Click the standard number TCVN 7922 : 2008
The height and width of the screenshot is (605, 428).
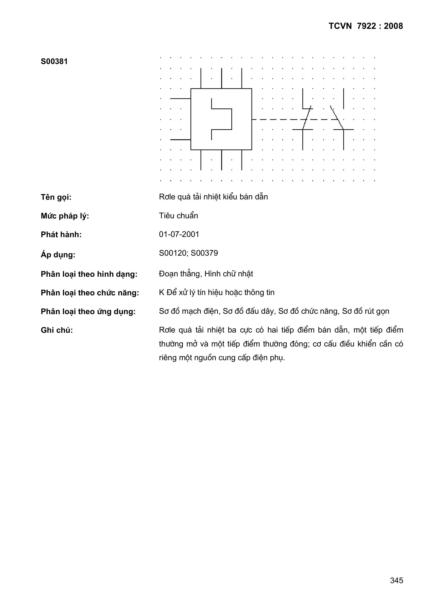366,26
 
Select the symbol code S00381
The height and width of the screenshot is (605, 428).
54,62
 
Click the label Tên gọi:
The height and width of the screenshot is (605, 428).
56,197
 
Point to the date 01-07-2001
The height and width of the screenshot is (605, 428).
179,234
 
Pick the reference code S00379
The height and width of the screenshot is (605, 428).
204,253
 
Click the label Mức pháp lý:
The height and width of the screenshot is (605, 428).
65,216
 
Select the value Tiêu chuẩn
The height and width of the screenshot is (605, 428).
179,216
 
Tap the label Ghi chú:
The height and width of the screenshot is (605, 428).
57,330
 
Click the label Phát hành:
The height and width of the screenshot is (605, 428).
61,234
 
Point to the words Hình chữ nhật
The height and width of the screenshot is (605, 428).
228,274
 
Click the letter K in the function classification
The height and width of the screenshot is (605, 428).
161,292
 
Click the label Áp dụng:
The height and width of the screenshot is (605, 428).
58,255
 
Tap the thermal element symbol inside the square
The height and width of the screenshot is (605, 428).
222,119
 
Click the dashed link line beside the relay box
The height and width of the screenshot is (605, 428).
277,119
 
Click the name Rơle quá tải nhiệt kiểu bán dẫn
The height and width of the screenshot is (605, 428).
213,197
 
